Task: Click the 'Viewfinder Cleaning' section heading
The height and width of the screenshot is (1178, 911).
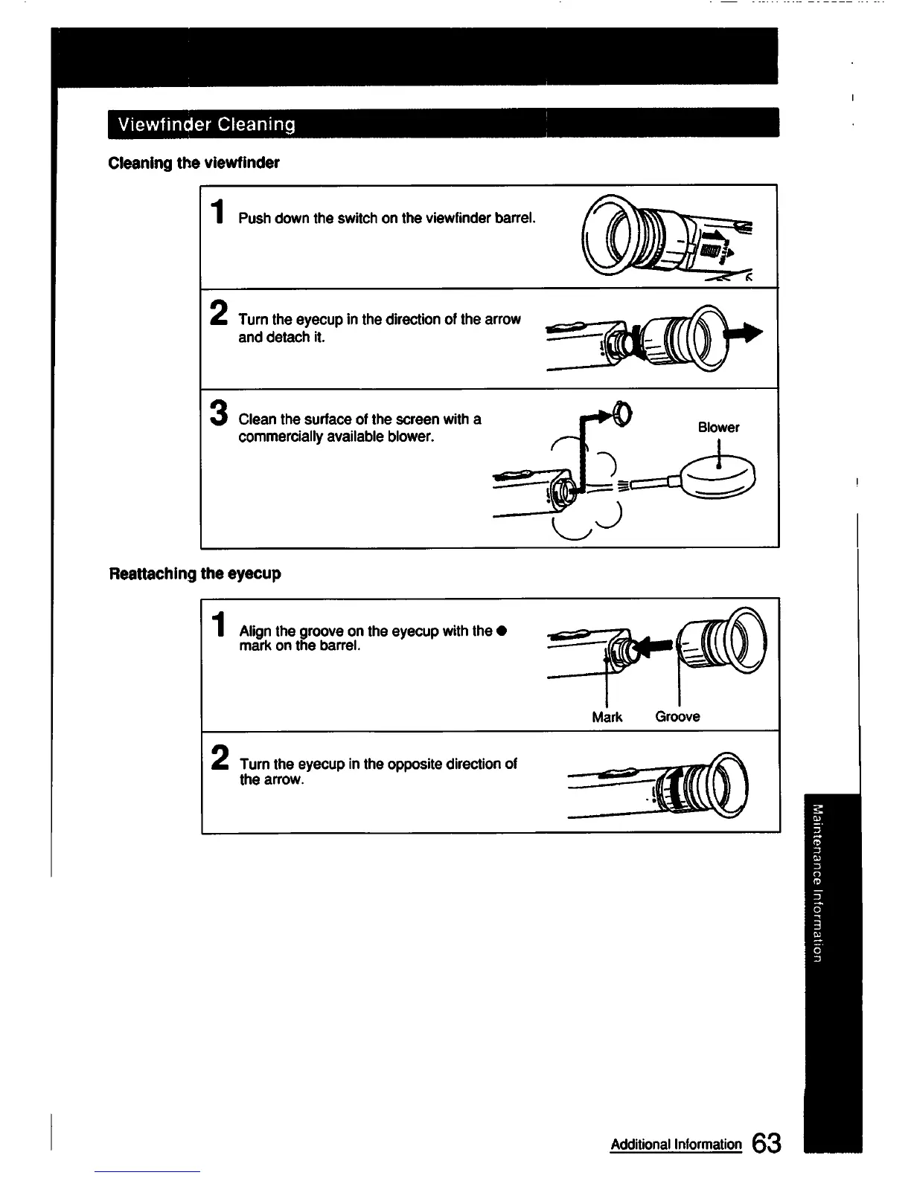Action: pos(202,124)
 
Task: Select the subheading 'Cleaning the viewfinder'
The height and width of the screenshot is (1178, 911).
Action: pos(194,163)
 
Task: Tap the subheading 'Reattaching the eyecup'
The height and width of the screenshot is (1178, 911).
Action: pos(195,573)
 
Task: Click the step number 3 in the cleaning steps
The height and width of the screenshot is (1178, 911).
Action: pos(218,414)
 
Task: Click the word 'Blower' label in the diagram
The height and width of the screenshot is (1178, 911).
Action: pos(718,428)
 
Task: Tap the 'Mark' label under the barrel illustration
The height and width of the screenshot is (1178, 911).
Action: pos(607,717)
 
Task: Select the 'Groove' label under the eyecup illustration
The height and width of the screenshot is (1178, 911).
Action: pos(677,717)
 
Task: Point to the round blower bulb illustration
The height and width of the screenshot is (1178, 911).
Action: pos(717,477)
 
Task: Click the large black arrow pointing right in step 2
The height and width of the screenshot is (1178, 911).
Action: pos(747,333)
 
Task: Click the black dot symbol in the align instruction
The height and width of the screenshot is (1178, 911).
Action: pos(502,631)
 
